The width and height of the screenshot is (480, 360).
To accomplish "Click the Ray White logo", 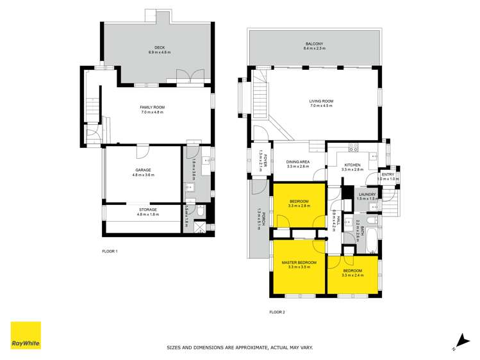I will pos(26,335).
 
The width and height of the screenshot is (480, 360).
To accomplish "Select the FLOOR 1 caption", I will pos(110,251).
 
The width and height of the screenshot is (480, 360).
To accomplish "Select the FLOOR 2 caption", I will pos(277,312).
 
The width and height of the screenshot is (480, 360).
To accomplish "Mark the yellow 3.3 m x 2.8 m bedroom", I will pos(299,205).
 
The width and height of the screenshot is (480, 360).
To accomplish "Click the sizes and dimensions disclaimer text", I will pos(240,347).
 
